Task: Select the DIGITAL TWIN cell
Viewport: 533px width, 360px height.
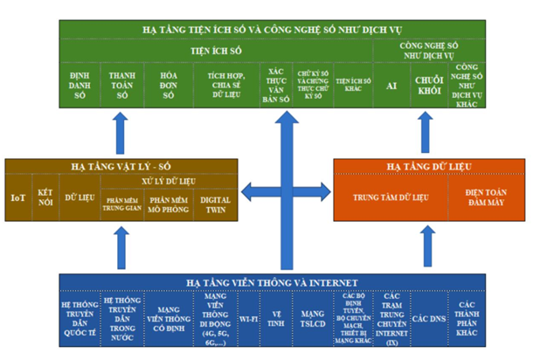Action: pos(216,204)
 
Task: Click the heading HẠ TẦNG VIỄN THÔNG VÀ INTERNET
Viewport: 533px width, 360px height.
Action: pos(267,281)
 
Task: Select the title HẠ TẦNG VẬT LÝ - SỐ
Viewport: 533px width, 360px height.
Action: pos(114,164)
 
